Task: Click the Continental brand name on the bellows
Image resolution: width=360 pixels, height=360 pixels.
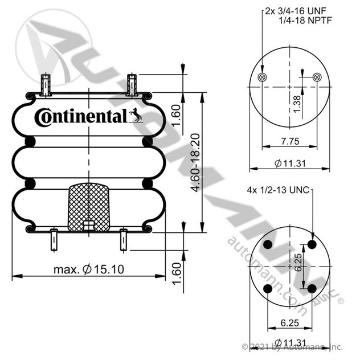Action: coord(81,117)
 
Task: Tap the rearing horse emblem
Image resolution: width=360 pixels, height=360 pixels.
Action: coord(136,115)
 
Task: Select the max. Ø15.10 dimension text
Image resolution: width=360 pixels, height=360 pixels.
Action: coord(89,269)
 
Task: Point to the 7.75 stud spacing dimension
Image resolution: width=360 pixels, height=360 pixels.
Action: coord(290,141)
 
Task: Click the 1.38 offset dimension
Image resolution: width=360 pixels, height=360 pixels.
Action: coord(297,104)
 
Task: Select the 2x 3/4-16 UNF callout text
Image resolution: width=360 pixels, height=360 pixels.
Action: coord(296,11)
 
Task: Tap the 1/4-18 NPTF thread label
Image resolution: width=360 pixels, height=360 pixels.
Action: coord(305,21)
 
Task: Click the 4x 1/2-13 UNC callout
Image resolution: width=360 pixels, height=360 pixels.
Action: coord(278,190)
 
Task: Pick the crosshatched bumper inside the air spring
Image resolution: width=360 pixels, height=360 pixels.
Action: coord(89,207)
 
